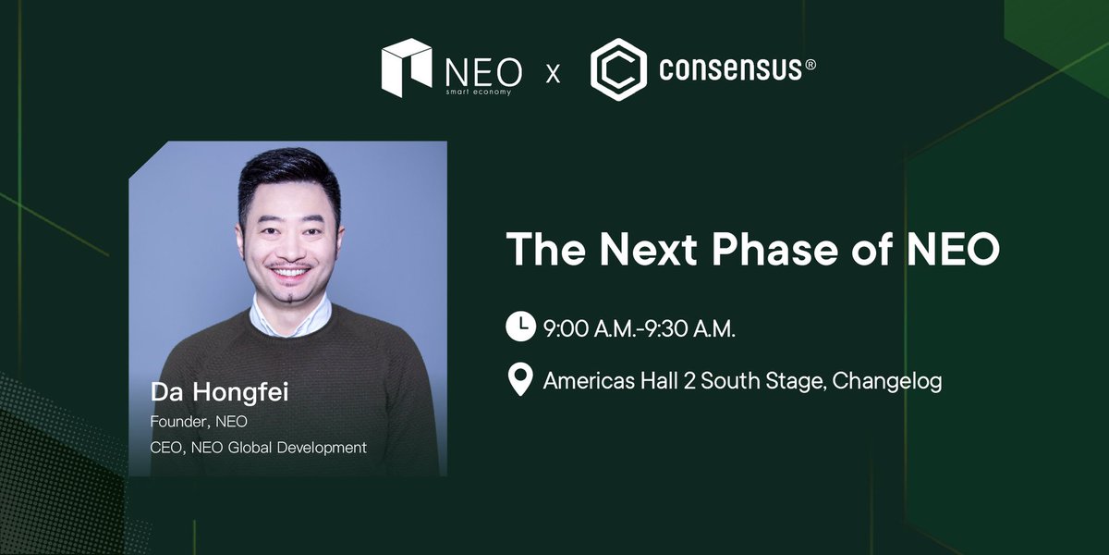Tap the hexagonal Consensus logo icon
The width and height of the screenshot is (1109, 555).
tap(620, 69)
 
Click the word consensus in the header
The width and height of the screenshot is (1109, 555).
tap(730, 69)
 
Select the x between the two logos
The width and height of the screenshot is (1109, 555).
tap(553, 72)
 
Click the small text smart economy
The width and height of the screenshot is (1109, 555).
tap(480, 92)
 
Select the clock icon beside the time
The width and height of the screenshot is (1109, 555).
tap(520, 326)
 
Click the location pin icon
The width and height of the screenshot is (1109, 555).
tap(520, 380)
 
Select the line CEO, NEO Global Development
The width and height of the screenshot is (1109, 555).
tap(258, 448)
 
